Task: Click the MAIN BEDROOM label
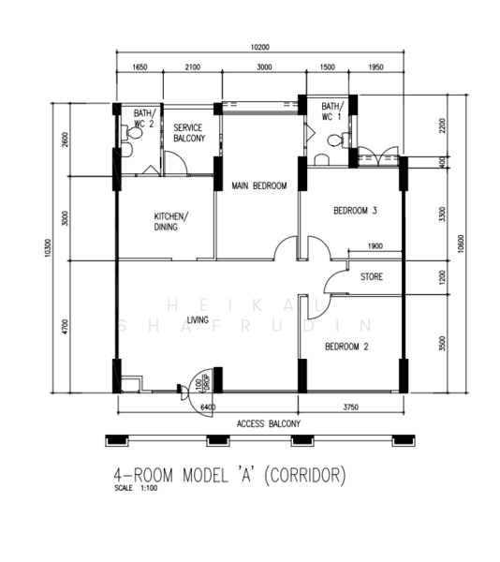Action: tap(259, 185)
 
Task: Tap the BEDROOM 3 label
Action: tap(355, 211)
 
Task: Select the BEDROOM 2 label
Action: tap(346, 347)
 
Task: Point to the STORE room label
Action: tap(372, 276)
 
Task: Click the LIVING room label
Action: tap(198, 319)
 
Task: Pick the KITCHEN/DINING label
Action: tap(171, 221)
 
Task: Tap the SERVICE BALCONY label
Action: tap(189, 133)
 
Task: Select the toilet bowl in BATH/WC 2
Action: tap(132, 133)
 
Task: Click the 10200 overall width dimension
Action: tap(260, 47)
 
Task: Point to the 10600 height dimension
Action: tap(461, 244)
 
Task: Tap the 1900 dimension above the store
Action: tap(375, 246)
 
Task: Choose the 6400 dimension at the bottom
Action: tap(208, 407)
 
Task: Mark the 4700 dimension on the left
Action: tap(65, 327)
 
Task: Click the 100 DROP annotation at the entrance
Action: tap(202, 383)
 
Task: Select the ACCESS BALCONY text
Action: tap(269, 424)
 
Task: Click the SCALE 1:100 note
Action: tap(136, 488)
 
